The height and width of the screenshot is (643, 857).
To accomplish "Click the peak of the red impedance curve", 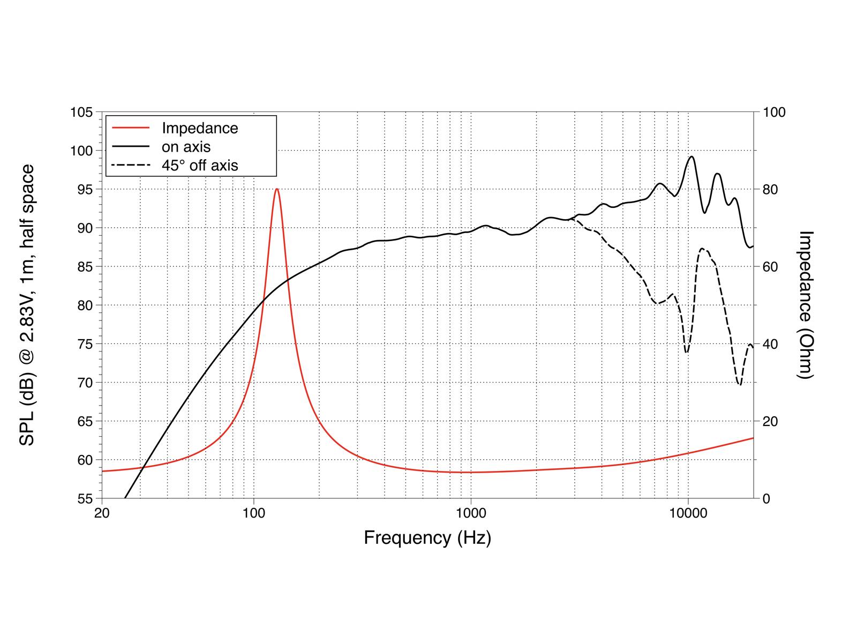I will pos(276,189).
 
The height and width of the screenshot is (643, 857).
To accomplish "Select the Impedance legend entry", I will pos(200,129).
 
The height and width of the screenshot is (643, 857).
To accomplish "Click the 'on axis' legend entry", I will pos(186,147).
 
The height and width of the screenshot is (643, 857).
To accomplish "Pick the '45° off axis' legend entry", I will pos(200,165).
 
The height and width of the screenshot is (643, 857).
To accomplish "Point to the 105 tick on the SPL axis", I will pos(81,113).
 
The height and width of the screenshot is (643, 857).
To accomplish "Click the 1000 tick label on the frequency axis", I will pos(471,513).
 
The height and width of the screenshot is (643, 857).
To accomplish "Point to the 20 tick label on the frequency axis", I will pos(102,513).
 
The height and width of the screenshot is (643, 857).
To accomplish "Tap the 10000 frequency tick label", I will pos(688,513).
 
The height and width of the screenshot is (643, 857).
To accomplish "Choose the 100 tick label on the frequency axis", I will pos(254,513).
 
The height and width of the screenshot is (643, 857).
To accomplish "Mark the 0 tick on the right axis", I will pos(766,499).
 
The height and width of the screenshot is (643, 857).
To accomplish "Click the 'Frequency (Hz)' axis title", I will pos(427,537).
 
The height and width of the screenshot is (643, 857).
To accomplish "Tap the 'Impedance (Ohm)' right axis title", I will pos(805,305).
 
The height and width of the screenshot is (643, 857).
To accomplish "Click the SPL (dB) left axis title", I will pos(27,305).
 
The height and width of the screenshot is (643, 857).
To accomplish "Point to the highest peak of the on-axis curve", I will pos(691,156).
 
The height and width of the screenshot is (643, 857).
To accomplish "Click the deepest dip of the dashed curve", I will pos(740,384).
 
